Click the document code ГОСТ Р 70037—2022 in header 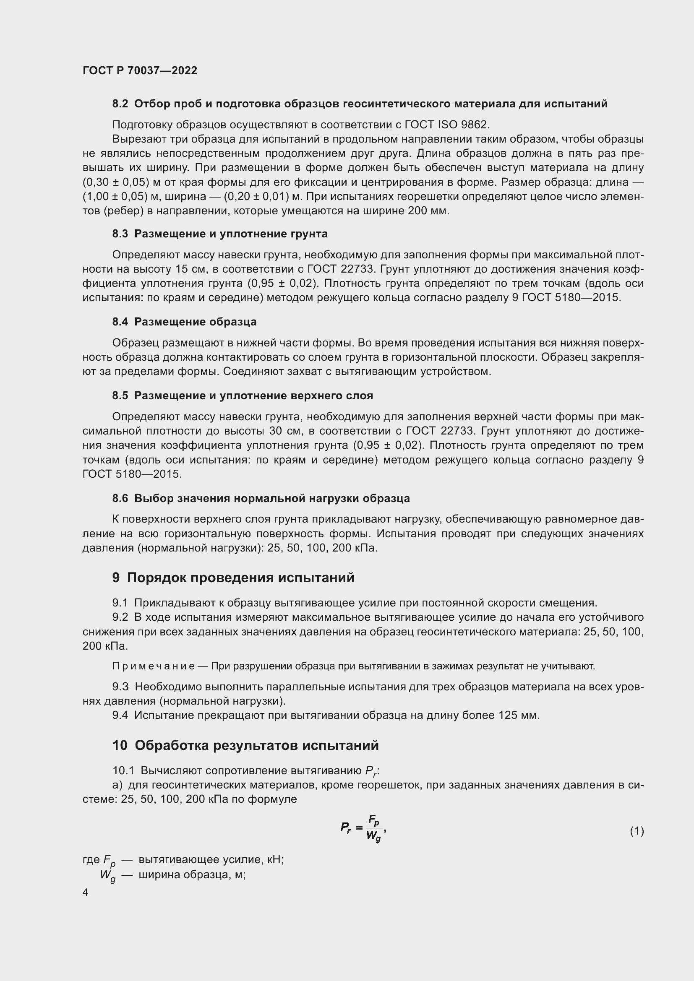pyautogui.click(x=140, y=70)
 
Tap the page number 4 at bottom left pyautogui.click(x=86, y=892)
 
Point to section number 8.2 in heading pyautogui.click(x=120, y=104)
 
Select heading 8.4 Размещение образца pyautogui.click(x=184, y=322)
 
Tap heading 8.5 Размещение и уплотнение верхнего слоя pyautogui.click(x=242, y=396)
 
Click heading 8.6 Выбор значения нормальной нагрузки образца pyautogui.click(x=261, y=498)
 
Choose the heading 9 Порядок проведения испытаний pyautogui.click(x=233, y=578)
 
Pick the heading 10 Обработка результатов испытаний pyautogui.click(x=246, y=746)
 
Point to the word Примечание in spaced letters pyautogui.click(x=154, y=666)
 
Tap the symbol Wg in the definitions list pyautogui.click(x=108, y=875)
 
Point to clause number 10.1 pyautogui.click(x=123, y=771)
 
